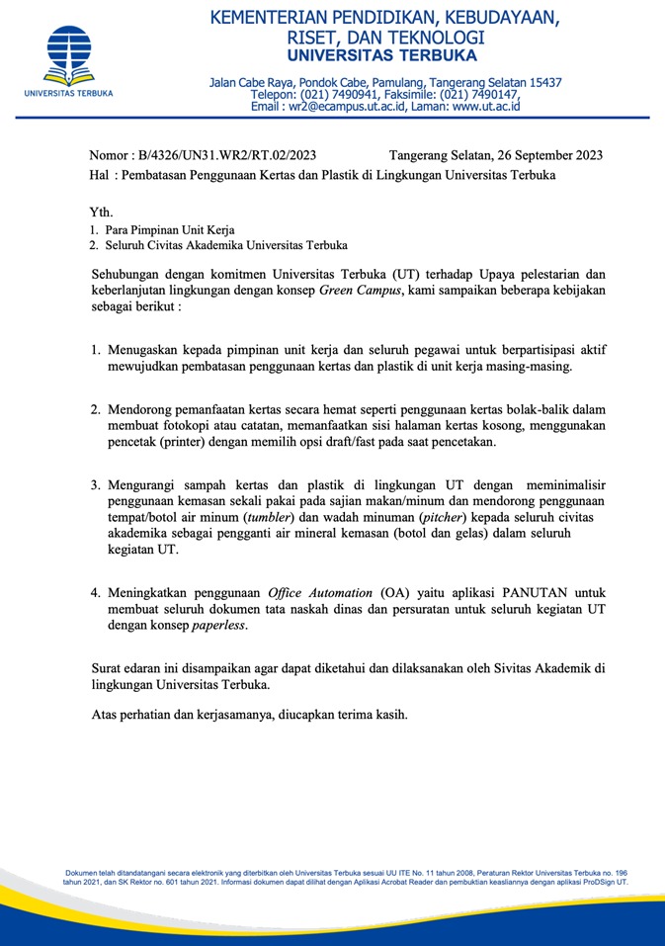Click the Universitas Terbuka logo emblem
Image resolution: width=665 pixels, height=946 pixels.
68,54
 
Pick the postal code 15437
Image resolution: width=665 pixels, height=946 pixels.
542,82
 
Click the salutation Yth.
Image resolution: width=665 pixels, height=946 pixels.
102,212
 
